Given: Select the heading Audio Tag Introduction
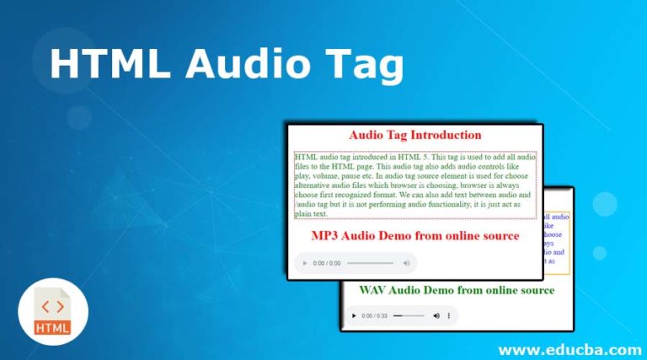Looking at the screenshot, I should (414, 135).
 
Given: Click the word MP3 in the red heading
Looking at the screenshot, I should (328, 236).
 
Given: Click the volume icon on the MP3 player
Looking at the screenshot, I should (406, 264).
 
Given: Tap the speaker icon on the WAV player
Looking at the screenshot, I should (436, 316).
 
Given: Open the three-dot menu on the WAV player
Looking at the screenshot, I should (448, 316).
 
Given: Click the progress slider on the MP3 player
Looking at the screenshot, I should (370, 264).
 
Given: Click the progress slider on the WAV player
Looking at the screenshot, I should (409, 316).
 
